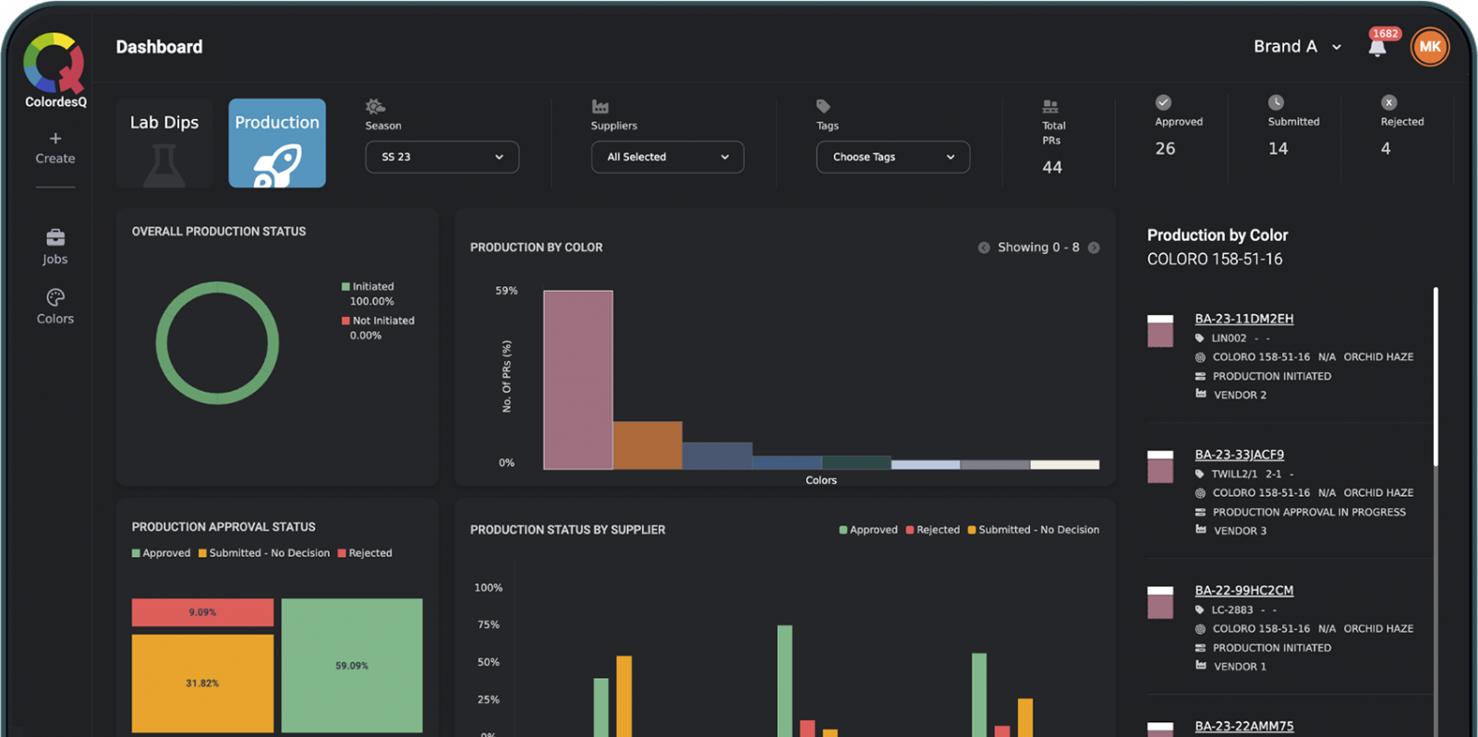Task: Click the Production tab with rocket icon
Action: [277, 143]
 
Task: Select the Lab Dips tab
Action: [164, 143]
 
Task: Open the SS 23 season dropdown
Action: [442, 157]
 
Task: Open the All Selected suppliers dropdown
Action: [667, 157]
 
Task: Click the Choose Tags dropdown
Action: [892, 157]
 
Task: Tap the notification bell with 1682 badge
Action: [1377, 48]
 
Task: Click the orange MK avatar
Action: [1429, 47]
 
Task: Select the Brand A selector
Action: [1296, 47]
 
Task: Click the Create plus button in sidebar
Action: [55, 147]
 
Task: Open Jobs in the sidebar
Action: [55, 246]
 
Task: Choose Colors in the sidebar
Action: [55, 306]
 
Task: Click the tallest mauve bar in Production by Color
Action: [578, 380]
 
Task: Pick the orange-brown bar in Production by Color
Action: [648, 445]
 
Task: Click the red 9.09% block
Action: [202, 612]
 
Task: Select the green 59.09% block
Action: [352, 665]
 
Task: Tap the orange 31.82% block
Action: [202, 683]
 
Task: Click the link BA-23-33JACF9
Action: [1239, 454]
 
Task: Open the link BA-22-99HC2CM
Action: [1243, 590]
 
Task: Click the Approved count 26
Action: [1166, 149]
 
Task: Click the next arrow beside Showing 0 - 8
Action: [1094, 248]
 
